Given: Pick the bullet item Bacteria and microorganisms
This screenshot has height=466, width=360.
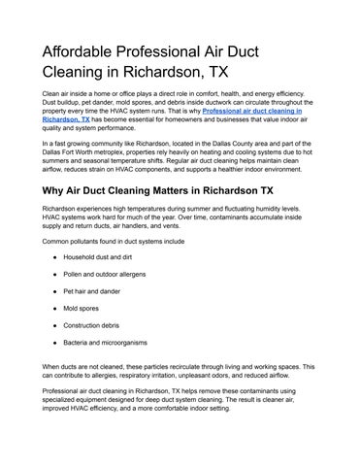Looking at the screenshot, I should point(117,343).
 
